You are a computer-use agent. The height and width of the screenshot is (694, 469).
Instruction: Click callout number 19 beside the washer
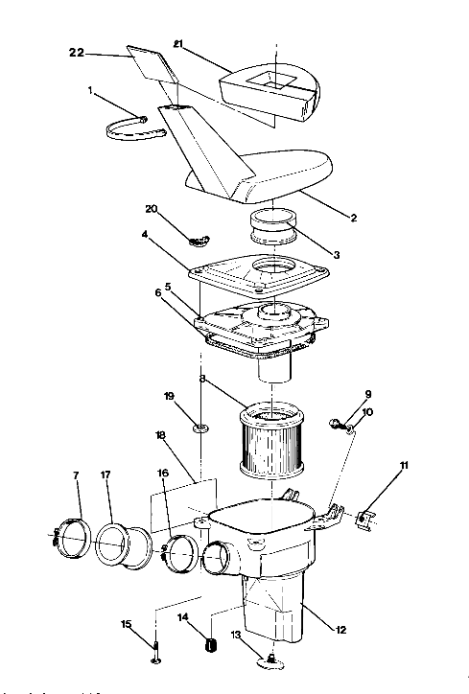(168, 396)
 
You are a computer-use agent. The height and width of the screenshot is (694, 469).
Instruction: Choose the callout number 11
(404, 465)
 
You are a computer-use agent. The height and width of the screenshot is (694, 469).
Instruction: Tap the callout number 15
(127, 625)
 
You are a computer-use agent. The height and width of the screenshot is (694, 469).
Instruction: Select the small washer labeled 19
(200, 424)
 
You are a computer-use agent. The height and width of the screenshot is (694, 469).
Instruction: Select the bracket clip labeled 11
(365, 521)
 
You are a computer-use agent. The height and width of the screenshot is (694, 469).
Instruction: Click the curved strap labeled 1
(131, 127)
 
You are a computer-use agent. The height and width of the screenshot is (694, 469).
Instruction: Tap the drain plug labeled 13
(271, 659)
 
